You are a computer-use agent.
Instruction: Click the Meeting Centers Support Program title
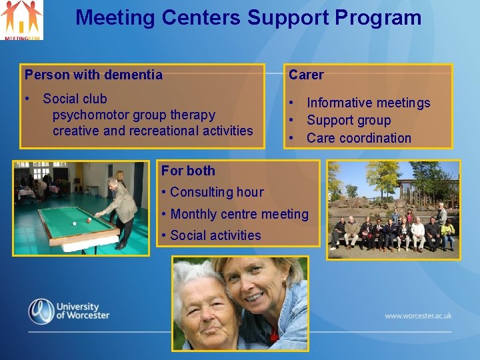[248, 17]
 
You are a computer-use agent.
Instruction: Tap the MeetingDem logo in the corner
[22, 20]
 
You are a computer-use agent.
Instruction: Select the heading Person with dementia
[93, 75]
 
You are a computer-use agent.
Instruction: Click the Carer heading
[306, 75]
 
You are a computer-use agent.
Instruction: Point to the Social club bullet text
[75, 99]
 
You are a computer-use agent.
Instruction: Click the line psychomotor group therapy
[133, 115]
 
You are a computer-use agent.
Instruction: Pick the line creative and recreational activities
[153, 131]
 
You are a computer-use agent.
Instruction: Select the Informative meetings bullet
[368, 103]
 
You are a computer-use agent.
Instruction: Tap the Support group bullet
[348, 121]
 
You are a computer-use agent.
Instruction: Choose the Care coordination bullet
[359, 138]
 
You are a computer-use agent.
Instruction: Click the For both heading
[188, 171]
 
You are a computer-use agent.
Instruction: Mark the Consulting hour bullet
[217, 192]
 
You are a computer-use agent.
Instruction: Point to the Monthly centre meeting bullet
[239, 214]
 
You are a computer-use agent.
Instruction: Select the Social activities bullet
[215, 235]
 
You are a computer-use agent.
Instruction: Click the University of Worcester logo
[68, 311]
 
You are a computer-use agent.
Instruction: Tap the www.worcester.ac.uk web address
[418, 316]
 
